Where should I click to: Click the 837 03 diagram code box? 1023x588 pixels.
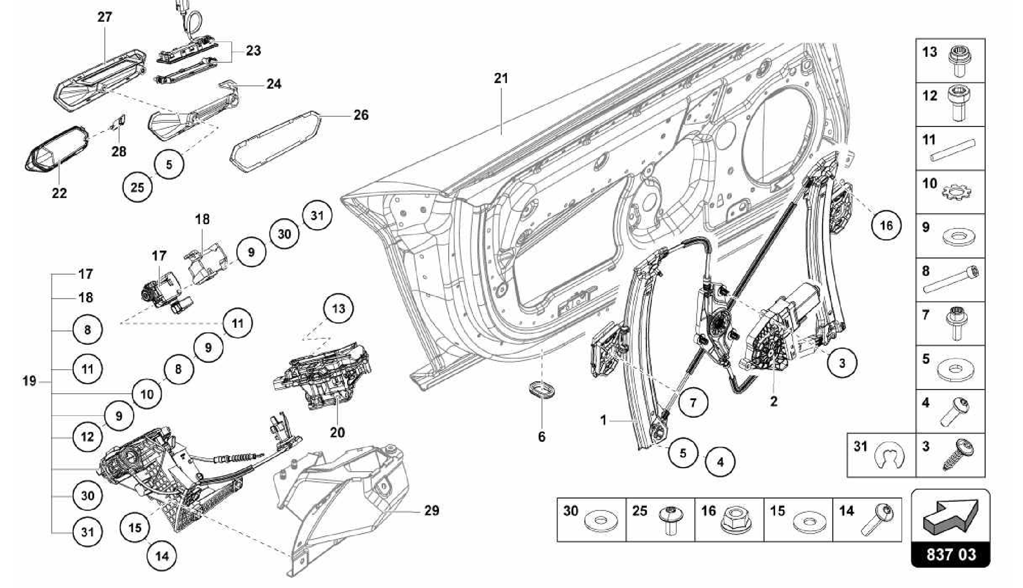point(951,555)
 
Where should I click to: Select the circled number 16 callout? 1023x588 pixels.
point(886,225)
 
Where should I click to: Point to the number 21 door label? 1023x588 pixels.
point(501,78)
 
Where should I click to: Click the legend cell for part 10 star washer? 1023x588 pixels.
point(950,191)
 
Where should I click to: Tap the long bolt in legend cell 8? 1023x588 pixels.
point(952,280)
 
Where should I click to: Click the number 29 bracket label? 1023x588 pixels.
point(432,510)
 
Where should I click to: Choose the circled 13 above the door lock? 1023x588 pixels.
point(338,309)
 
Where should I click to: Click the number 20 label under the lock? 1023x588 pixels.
point(337,432)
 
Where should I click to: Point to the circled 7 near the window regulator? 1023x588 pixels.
point(692,402)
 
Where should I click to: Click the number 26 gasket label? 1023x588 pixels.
point(361,115)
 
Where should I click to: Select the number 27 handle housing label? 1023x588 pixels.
point(104,17)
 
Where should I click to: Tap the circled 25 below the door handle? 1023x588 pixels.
point(137,187)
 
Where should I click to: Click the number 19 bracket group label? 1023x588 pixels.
point(29,381)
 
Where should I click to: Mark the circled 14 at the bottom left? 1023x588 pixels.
point(162,556)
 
